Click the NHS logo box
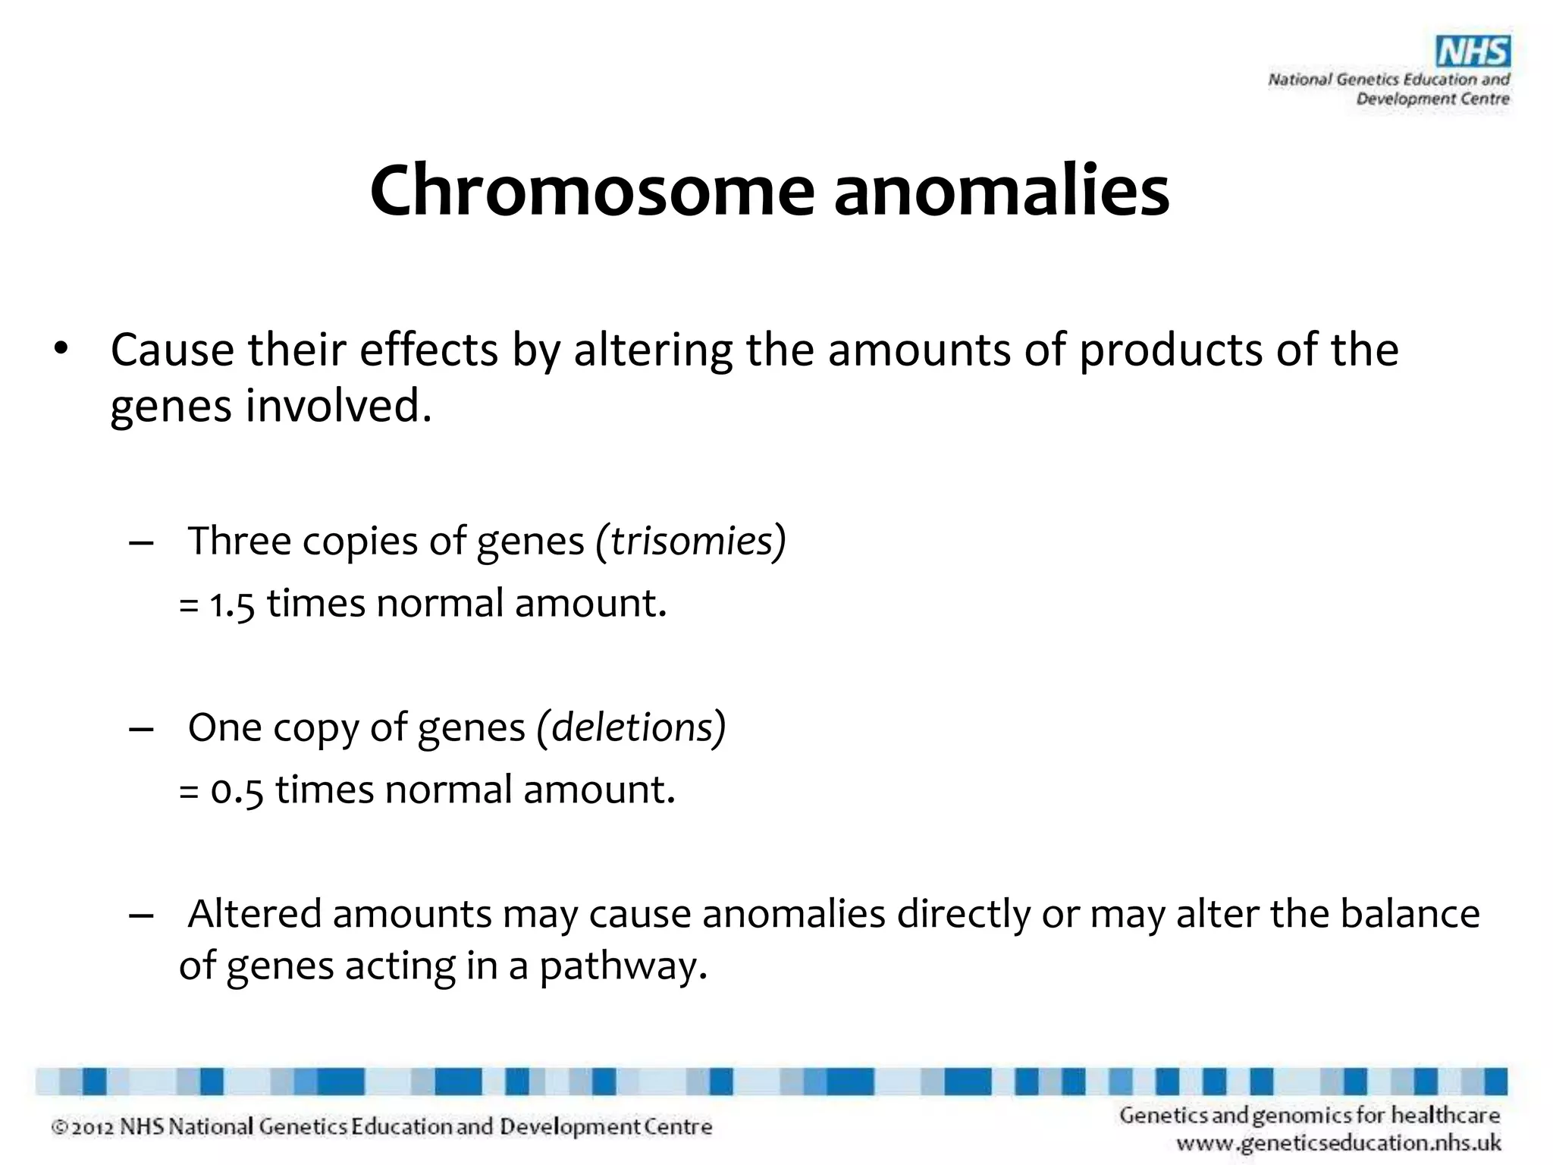pos(1473,52)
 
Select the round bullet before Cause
pos(61,350)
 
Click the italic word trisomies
pos(692,542)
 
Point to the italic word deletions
pos(632,727)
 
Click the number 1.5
pos(231,605)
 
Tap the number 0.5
pos(237,791)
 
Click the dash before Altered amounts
pos(141,915)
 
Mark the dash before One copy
pos(141,729)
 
